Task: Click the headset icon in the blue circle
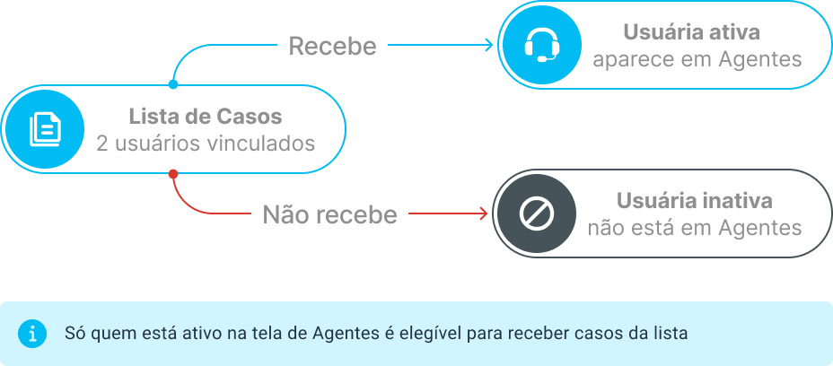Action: pos(542,45)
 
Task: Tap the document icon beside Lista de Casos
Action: pos(45,128)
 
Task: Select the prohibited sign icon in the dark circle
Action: pos(537,213)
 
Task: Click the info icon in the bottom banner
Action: pos(32,334)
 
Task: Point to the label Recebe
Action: pos(332,46)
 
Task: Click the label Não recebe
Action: pos(330,214)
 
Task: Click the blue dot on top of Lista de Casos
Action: pos(172,84)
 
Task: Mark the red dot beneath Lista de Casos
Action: pos(172,174)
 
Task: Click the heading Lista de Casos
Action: pos(205,117)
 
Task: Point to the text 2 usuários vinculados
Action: pos(206,144)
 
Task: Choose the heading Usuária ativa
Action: pos(692,32)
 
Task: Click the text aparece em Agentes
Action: pos(697,59)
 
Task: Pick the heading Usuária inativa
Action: pos(695,201)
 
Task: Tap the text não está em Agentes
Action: pos(695,228)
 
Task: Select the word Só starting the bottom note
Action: pos(75,333)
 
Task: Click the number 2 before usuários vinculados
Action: pos(102,144)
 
